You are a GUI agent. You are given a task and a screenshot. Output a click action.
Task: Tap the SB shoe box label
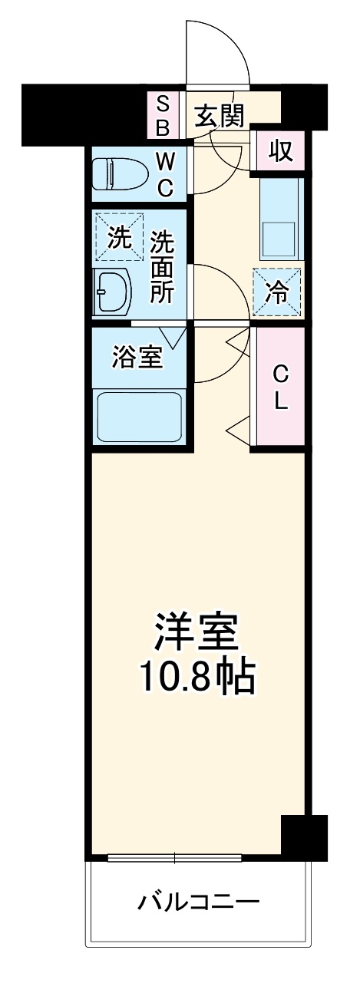pos(163,116)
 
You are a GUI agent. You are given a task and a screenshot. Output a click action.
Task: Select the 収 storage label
pos(281,151)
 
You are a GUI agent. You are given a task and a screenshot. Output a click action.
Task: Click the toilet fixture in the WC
pos(119,175)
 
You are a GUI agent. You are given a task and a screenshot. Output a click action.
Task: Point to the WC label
pos(166,174)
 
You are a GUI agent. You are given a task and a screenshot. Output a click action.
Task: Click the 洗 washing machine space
pos(119,237)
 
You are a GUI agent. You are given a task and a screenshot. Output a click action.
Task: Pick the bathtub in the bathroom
pos(138,416)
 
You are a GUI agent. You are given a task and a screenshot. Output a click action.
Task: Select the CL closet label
pos(281,387)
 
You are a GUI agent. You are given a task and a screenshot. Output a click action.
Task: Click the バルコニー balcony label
pos(198,900)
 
